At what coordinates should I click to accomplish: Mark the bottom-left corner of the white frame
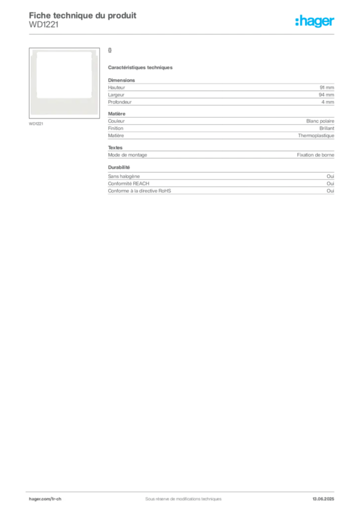tap(32, 113)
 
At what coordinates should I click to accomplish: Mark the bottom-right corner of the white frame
tap(95, 113)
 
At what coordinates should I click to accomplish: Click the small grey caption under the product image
tap(36, 123)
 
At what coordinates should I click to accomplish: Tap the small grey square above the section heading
tap(111, 50)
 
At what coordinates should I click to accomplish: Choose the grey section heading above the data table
tap(141, 67)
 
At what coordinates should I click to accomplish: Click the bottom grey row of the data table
tap(220, 185)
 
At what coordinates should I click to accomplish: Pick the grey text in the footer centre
tap(179, 496)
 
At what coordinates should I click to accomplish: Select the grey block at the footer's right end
tap(327, 496)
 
